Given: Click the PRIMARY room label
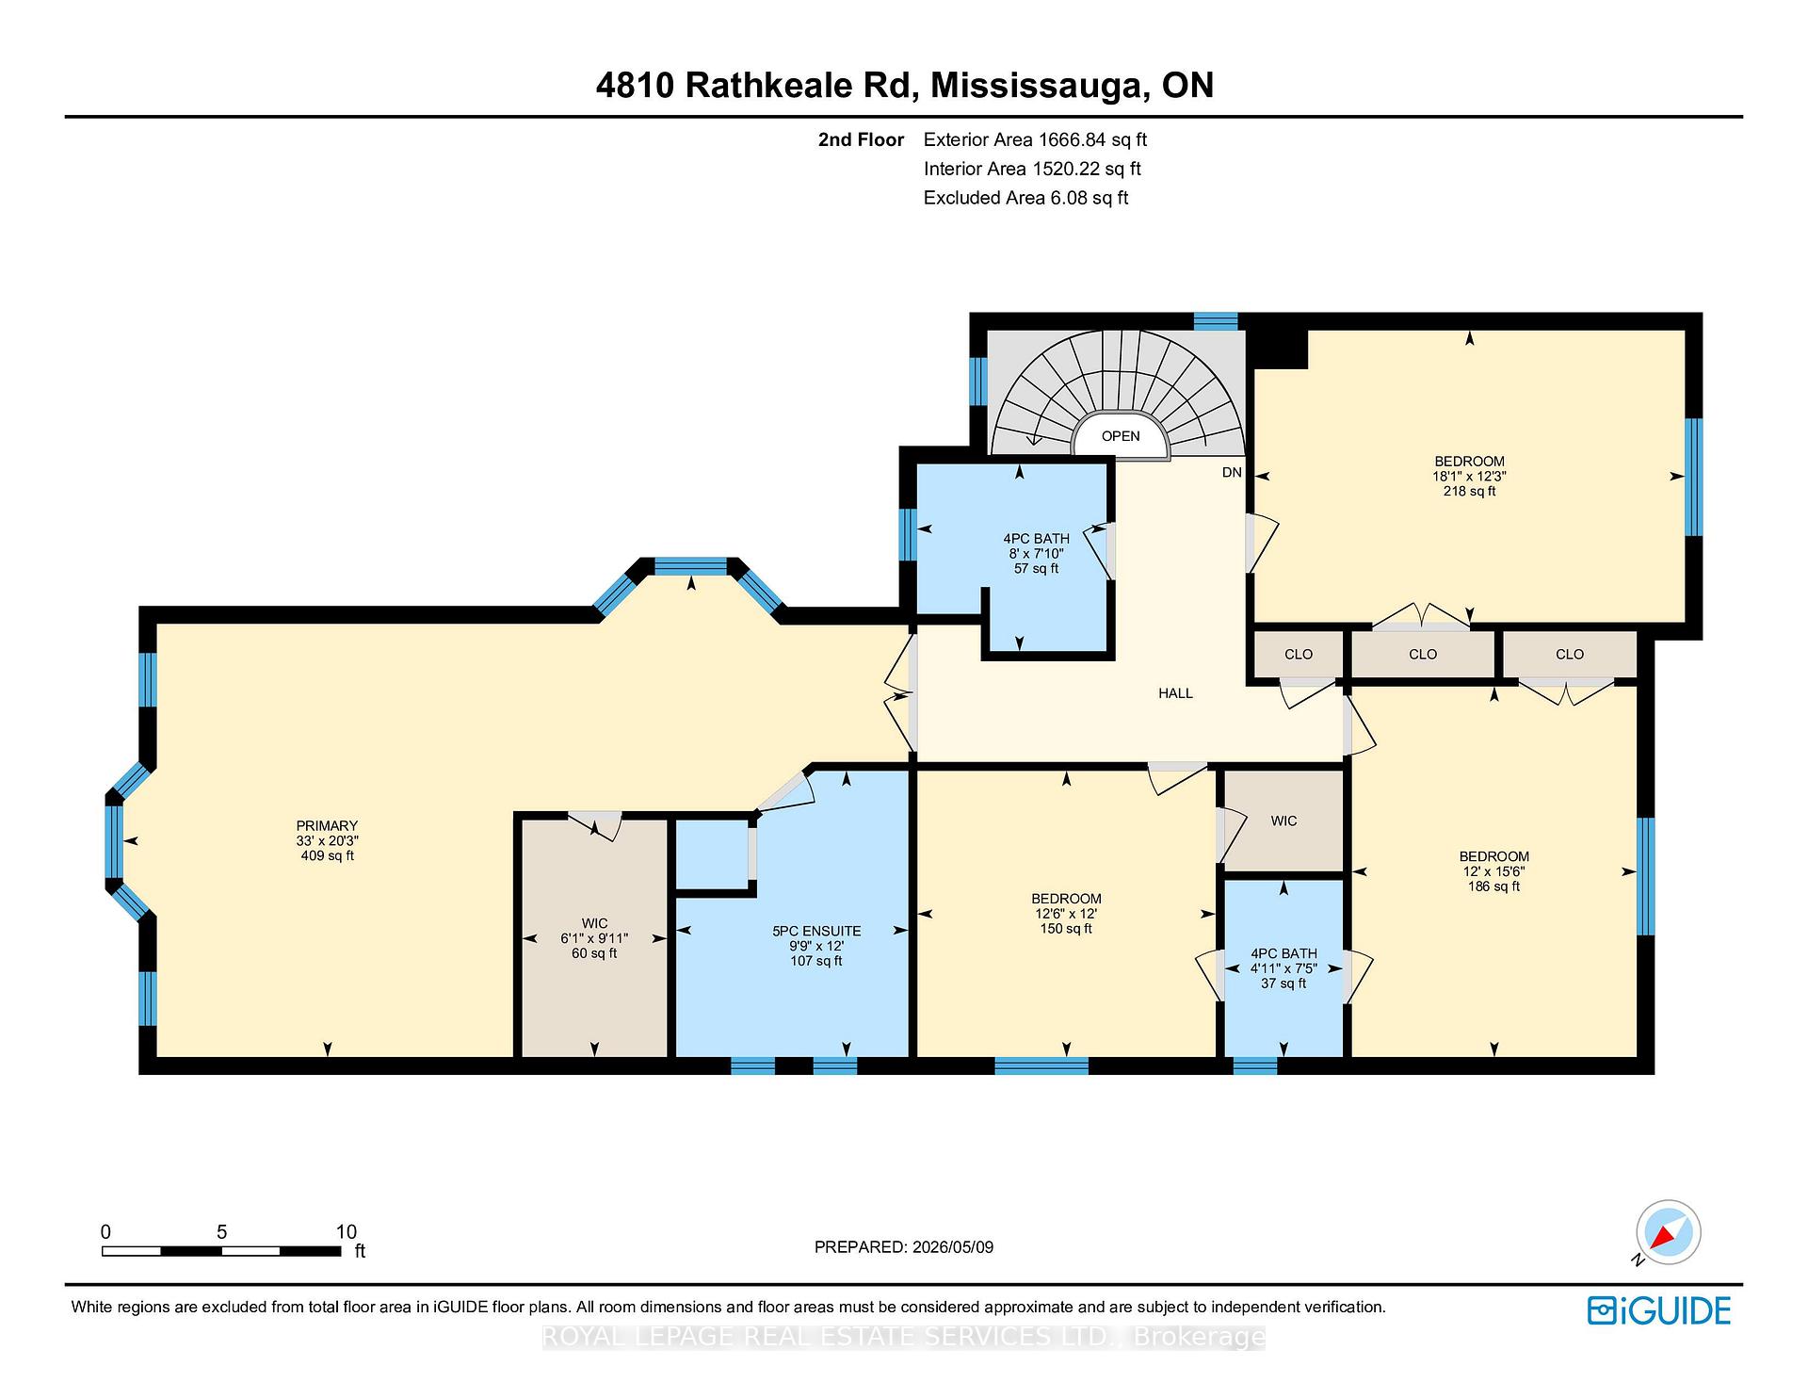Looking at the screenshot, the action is tap(327, 826).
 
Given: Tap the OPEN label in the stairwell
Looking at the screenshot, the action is tap(1121, 436).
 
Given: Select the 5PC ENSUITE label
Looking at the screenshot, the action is tap(816, 931).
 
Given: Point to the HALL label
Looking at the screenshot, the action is tap(1175, 693).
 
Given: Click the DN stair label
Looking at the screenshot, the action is tap(1232, 472).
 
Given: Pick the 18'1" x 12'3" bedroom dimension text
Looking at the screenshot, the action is tap(1469, 477).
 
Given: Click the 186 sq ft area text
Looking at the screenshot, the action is tap(1493, 886).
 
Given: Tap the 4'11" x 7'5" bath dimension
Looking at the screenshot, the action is tap(1283, 968).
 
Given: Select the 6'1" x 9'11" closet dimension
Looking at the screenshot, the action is tap(594, 938).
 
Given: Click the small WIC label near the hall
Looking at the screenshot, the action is tap(1283, 821).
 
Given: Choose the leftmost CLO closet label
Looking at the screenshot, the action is tap(1299, 654).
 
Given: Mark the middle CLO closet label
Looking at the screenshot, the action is tap(1423, 654).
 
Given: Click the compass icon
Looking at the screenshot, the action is tap(1669, 1232).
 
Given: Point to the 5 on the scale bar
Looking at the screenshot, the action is tap(221, 1232).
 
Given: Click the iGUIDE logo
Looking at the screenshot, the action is tap(1659, 1310).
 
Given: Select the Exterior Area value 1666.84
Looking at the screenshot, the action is tap(1076, 139).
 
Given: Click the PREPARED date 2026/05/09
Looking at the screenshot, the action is tap(953, 1247).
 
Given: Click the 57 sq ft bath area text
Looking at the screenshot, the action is tap(1036, 569).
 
